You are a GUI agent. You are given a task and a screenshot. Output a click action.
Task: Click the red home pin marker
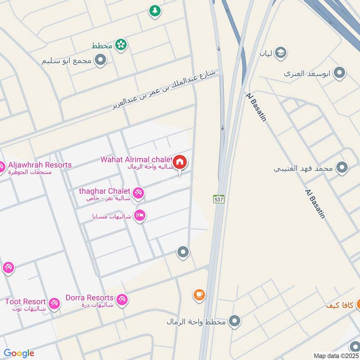click(x=180, y=162)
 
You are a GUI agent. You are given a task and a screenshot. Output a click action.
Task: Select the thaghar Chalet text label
click(x=104, y=191)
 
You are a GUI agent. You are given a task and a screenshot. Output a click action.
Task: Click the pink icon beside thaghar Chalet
click(x=139, y=193)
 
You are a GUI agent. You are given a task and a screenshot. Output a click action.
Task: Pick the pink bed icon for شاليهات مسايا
click(x=139, y=216)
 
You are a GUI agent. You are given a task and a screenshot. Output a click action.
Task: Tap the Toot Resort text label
click(x=25, y=301)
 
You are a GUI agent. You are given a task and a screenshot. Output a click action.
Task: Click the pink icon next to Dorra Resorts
click(x=121, y=300)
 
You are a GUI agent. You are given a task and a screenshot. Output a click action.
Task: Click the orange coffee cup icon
click(x=199, y=295)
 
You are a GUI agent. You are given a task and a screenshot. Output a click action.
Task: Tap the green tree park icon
click(x=155, y=11)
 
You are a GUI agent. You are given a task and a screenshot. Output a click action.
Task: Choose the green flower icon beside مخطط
click(x=121, y=45)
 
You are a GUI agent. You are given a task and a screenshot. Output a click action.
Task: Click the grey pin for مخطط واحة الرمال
click(x=234, y=321)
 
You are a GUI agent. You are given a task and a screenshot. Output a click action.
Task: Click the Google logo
click(x=19, y=353)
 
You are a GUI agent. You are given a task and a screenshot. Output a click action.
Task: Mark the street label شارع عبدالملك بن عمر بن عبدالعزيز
click(x=164, y=90)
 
